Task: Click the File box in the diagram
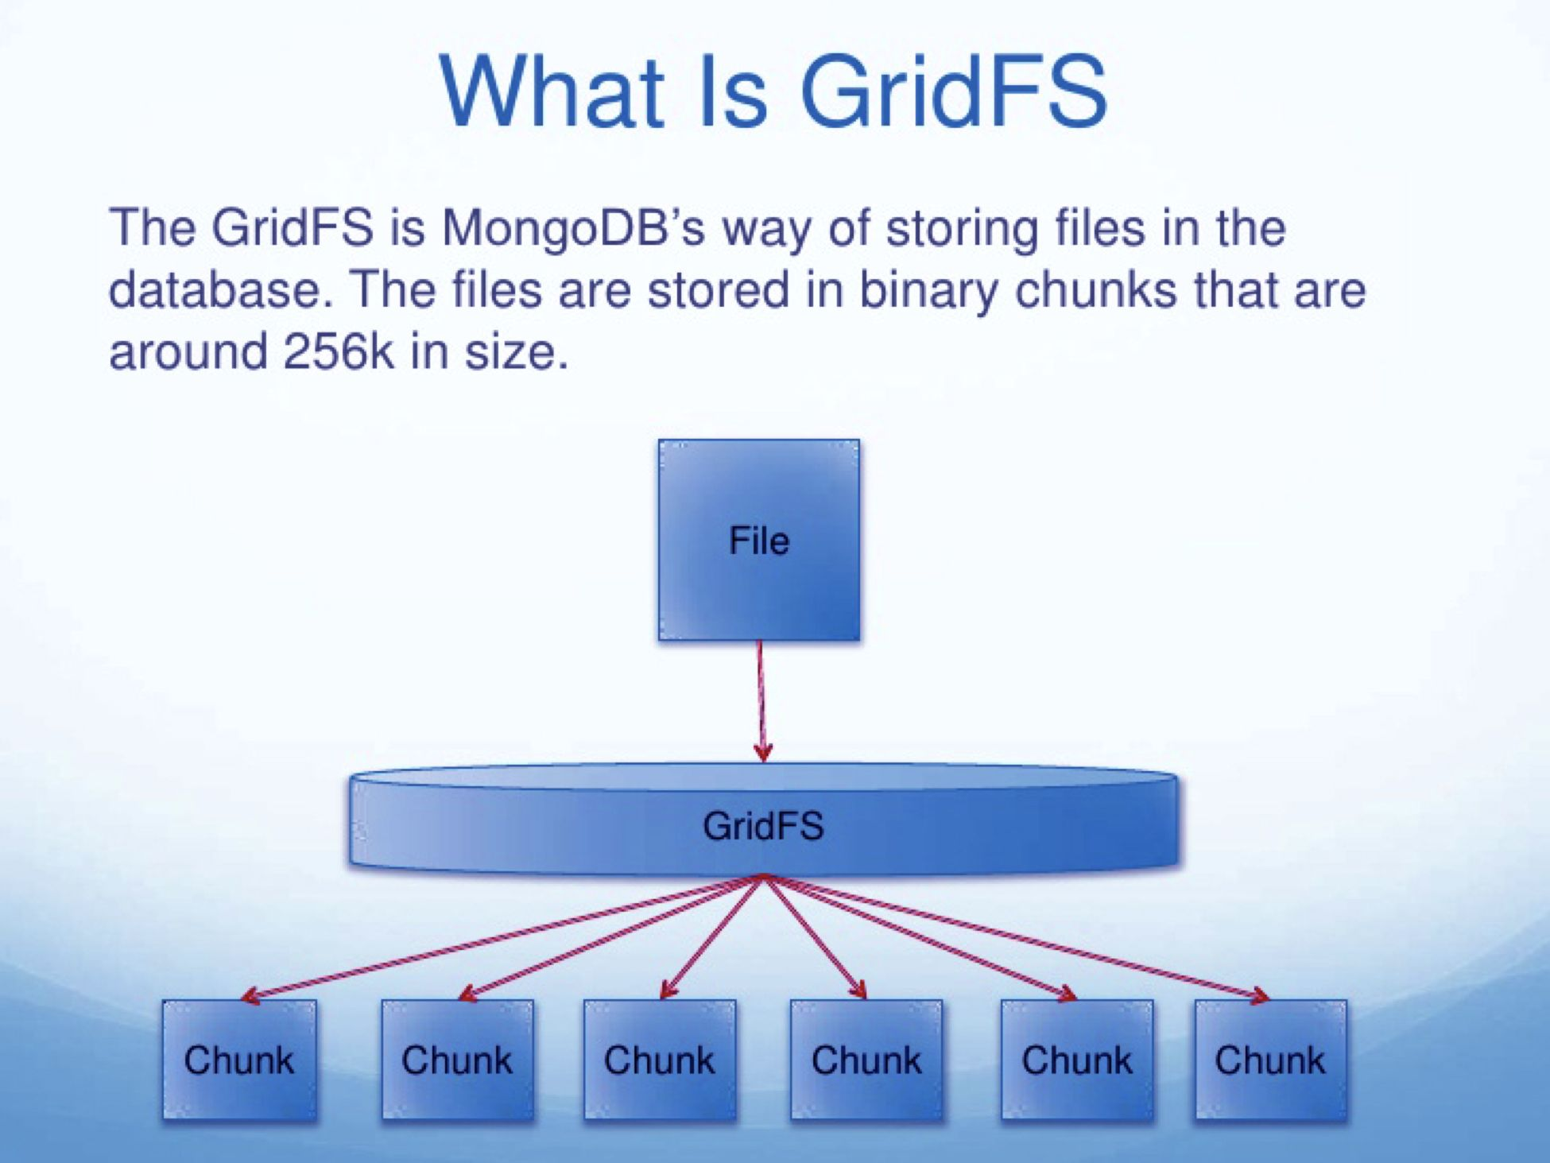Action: (759, 540)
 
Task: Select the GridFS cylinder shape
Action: (763, 823)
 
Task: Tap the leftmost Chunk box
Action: (239, 1059)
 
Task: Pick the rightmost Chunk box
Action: (1270, 1059)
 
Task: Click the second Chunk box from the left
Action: (457, 1059)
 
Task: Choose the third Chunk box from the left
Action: (660, 1059)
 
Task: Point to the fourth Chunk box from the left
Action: (866, 1059)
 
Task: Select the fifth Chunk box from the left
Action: (1077, 1059)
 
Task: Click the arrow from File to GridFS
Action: (761, 700)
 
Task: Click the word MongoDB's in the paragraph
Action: (573, 227)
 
